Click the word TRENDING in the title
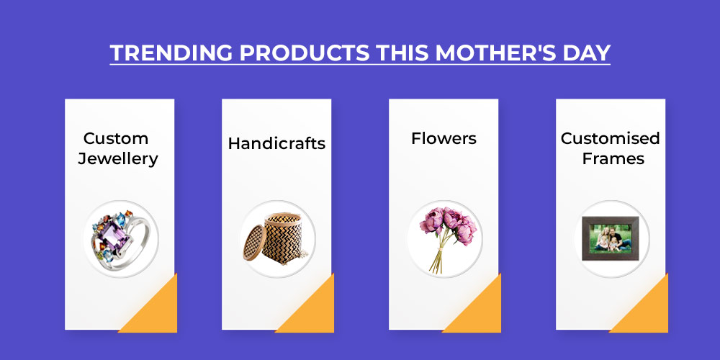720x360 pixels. click(171, 53)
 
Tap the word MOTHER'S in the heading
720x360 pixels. click(490, 53)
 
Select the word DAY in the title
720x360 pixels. click(580, 53)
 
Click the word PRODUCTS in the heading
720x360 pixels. click(305, 53)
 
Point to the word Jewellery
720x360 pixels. click(118, 159)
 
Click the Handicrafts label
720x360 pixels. click(276, 143)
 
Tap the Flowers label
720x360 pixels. click(444, 138)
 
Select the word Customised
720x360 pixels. click(611, 138)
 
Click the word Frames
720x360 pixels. click(613, 158)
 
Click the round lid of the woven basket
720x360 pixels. click(253, 243)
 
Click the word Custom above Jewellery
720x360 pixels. click(116, 138)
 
